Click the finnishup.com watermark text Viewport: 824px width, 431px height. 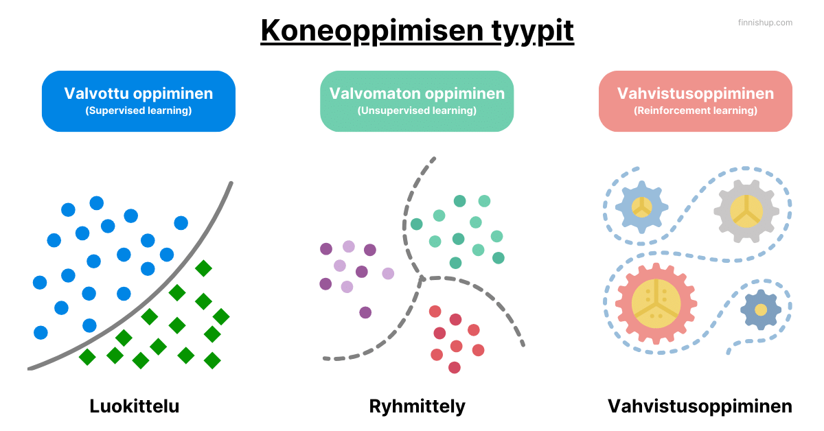(765, 23)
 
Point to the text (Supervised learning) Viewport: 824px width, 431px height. (139, 110)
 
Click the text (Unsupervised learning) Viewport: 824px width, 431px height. (417, 110)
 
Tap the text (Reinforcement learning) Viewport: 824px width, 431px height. (696, 110)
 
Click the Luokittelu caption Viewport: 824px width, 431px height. (135, 406)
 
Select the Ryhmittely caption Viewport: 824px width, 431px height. (417, 406)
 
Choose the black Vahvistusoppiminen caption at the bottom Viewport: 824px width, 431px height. (700, 406)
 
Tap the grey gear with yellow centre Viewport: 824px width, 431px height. (745, 211)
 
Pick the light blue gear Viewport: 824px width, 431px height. (642, 206)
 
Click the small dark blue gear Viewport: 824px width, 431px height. (761, 310)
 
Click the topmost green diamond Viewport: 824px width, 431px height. (203, 268)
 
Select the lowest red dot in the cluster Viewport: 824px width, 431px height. (455, 367)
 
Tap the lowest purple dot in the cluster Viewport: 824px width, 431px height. (365, 312)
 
